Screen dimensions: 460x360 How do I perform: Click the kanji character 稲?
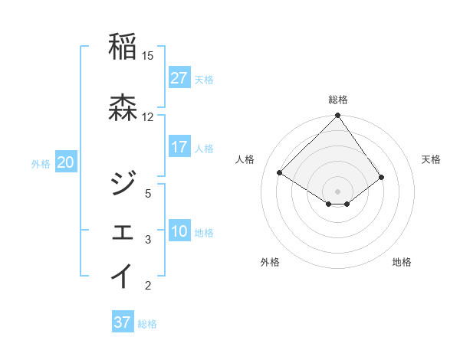(x=123, y=47)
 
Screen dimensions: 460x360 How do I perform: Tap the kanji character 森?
(x=123, y=108)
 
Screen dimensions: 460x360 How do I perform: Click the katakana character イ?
(x=123, y=277)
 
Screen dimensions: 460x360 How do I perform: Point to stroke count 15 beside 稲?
(x=148, y=56)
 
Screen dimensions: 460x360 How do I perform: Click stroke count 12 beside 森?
(x=148, y=117)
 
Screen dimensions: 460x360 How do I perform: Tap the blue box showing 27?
(x=179, y=78)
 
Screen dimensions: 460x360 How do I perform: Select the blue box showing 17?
(x=179, y=147)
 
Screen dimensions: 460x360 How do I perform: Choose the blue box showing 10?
(x=179, y=231)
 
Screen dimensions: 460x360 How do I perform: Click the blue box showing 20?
(x=66, y=162)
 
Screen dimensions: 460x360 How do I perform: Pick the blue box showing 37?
(x=123, y=322)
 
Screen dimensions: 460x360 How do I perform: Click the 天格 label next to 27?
(x=204, y=79)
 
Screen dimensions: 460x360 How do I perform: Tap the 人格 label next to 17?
(x=204, y=148)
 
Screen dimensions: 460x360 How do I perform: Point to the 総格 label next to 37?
(x=147, y=323)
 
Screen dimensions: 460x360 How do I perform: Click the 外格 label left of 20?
(x=41, y=163)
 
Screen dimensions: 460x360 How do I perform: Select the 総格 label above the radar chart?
(x=337, y=100)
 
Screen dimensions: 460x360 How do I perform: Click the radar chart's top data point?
(x=337, y=116)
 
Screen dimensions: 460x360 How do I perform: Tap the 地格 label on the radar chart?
(x=401, y=262)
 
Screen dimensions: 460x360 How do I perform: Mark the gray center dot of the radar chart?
(x=337, y=190)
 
